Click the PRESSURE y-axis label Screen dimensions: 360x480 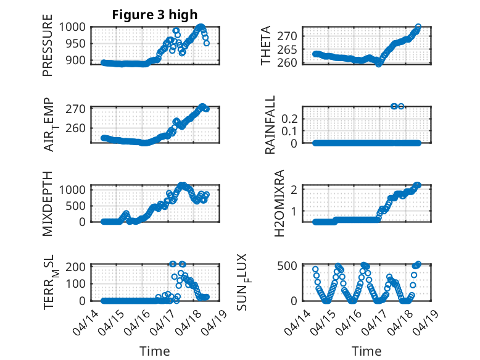(48, 49)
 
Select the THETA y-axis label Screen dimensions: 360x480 (266, 46)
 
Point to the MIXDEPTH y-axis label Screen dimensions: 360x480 (48, 203)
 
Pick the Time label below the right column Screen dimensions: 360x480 (366, 351)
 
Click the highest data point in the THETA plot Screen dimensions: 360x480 (418, 27)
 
